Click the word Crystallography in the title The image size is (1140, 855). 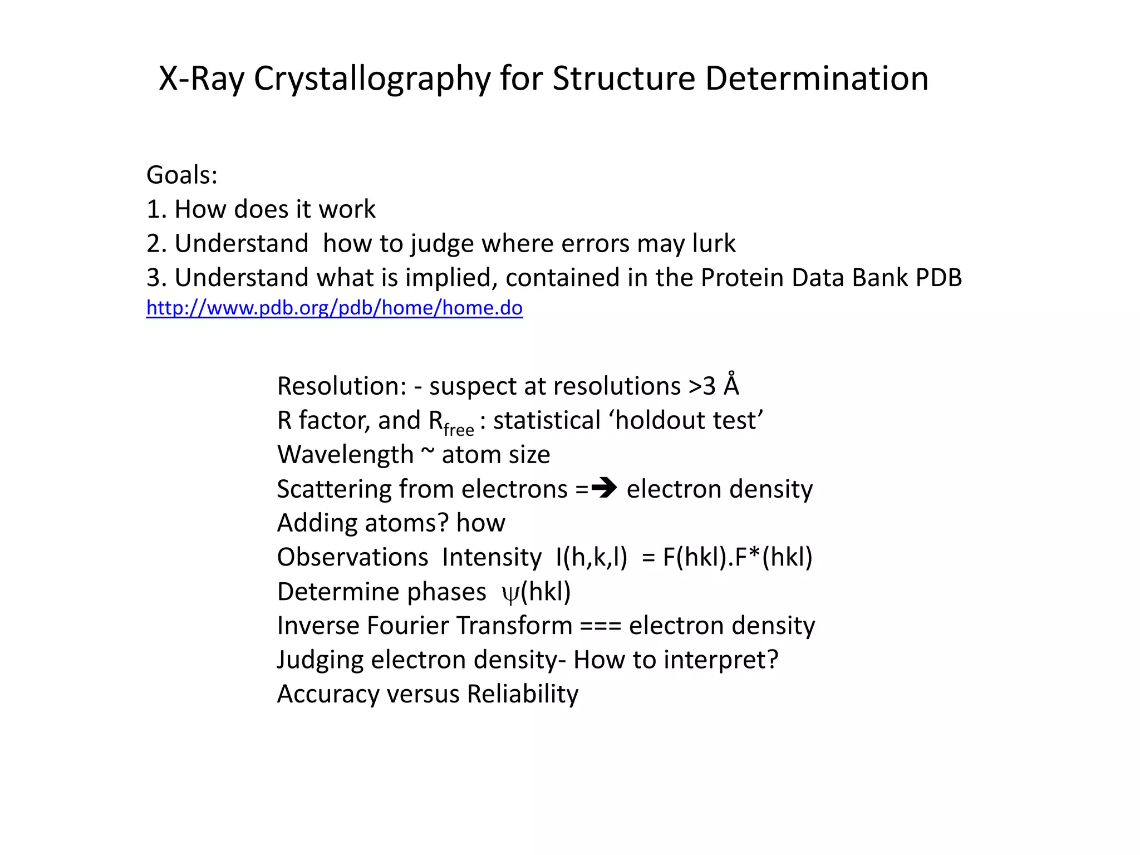pos(372,78)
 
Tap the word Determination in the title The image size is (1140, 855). pos(817,78)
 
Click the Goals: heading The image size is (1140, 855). pos(182,175)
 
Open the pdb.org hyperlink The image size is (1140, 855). pos(334,308)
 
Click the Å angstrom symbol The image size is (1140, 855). pos(731,385)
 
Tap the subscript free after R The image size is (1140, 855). pos(459,430)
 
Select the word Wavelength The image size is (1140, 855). pos(345,455)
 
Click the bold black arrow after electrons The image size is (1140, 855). pos(605,489)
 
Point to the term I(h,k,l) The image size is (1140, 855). pos(591,557)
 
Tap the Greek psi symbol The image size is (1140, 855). pos(510,593)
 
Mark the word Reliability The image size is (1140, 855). pos(523,694)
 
